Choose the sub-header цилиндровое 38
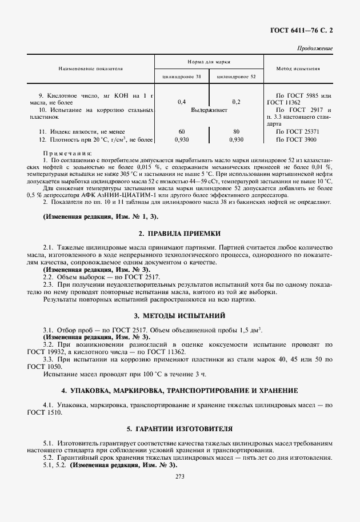182,76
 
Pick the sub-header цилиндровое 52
237,76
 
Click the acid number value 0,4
182,102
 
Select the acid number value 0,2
237,102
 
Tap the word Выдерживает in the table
209,109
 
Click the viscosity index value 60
182,131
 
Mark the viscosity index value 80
237,131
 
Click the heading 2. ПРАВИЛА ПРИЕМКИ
179,234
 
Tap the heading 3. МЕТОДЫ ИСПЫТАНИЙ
179,315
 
